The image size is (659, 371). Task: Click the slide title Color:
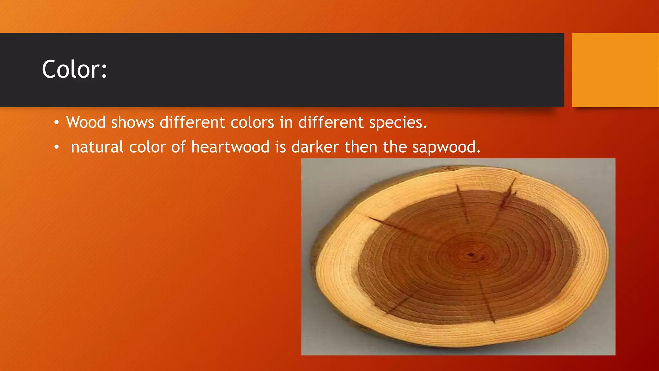click(x=74, y=70)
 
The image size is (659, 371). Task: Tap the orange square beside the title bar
click(x=615, y=70)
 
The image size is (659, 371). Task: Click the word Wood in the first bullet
click(x=86, y=122)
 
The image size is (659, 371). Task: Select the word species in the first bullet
click(x=398, y=123)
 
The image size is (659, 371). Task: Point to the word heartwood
click(x=230, y=147)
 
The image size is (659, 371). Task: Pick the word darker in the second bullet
click(x=315, y=147)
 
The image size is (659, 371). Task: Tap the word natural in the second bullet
click(x=97, y=147)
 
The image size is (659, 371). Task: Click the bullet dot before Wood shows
click(x=57, y=123)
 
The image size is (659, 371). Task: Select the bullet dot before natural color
click(x=57, y=147)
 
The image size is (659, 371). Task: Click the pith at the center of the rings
click(x=471, y=255)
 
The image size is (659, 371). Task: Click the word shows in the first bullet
click(x=133, y=123)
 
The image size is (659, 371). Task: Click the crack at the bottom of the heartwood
click(x=487, y=303)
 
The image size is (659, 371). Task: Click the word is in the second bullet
click(x=280, y=147)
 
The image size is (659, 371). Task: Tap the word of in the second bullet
click(x=178, y=147)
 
